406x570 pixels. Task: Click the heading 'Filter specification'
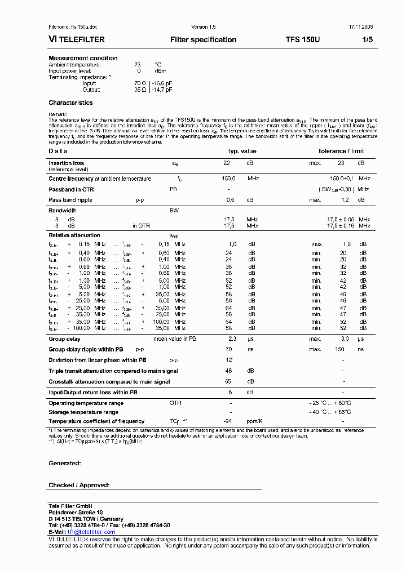[203, 40]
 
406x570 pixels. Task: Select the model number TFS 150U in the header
[302, 40]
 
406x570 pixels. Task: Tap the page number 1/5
[367, 40]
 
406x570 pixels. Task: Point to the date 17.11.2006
[361, 27]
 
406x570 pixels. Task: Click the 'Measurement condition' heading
[83, 58]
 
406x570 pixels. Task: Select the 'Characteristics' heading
[70, 103]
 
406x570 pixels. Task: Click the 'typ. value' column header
[242, 151]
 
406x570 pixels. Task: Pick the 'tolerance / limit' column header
[341, 151]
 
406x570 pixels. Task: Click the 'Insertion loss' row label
[66, 163]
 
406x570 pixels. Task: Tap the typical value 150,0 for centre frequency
[228, 179]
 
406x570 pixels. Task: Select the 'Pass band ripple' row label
[70, 200]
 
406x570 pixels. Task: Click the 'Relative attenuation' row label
[74, 235]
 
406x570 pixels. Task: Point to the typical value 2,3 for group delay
[231, 339]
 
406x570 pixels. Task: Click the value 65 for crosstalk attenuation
[228, 382]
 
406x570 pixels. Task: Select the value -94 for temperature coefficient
[228, 421]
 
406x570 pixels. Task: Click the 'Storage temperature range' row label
[83, 412]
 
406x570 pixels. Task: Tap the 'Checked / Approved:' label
[79, 485]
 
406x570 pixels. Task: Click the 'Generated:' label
[65, 463]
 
